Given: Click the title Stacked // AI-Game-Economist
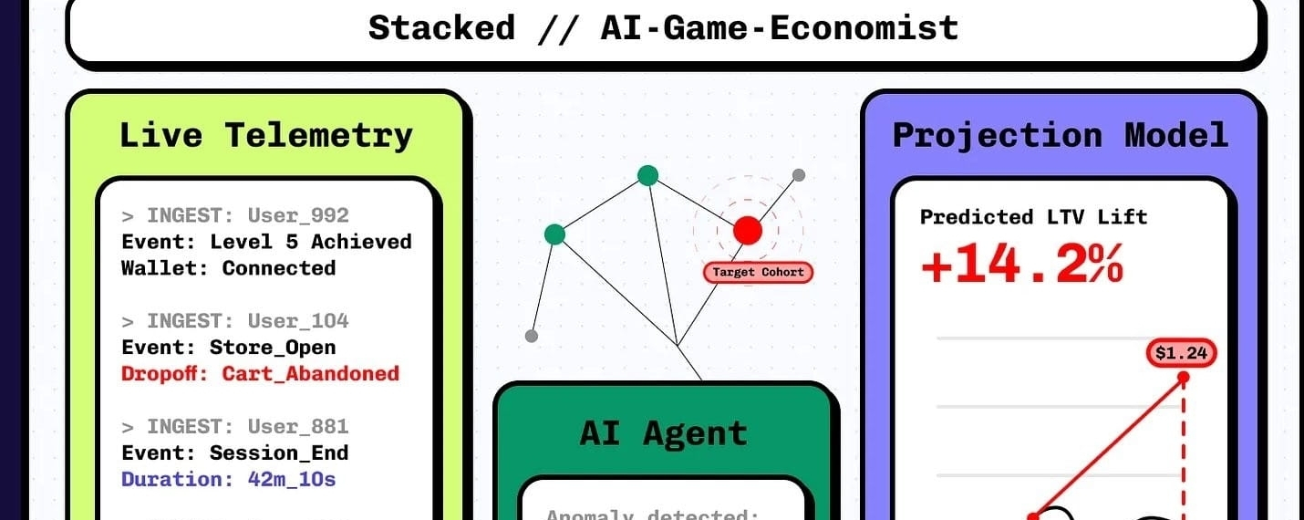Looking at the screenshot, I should point(663,28).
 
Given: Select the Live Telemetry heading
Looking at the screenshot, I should point(266,136).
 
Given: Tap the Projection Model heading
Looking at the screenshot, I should point(1060,136).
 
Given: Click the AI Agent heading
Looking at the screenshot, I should point(663,432).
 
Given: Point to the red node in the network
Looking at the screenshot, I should point(747,230).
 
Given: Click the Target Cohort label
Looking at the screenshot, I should point(757,272).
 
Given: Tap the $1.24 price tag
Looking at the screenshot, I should point(1183,352).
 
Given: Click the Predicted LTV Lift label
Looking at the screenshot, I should point(1033,217).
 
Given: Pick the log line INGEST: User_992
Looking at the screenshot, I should point(235,216).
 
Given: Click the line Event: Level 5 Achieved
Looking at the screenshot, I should point(266,242).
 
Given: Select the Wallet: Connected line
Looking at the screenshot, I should point(228,268).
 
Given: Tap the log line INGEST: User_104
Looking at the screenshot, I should point(235,321).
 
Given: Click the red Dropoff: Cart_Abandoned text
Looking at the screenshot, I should point(260,373).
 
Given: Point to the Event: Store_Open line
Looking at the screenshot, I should point(228,348).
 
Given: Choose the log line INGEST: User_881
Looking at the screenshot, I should point(235,427).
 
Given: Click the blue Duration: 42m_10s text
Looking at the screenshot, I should point(228,479).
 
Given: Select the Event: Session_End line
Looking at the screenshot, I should point(234,453).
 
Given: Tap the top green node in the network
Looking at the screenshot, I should point(647,175).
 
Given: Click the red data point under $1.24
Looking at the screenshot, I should point(1183,377).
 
